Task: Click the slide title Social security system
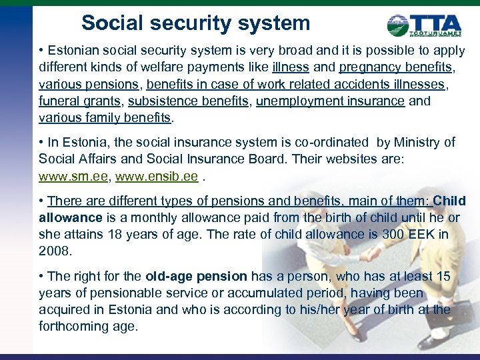click(x=195, y=23)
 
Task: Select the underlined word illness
click(x=291, y=67)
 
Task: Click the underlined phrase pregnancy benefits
click(x=397, y=67)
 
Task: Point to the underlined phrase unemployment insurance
click(x=330, y=101)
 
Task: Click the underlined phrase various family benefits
click(x=105, y=119)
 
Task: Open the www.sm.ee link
click(x=71, y=177)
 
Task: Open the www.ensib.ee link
click(x=156, y=177)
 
